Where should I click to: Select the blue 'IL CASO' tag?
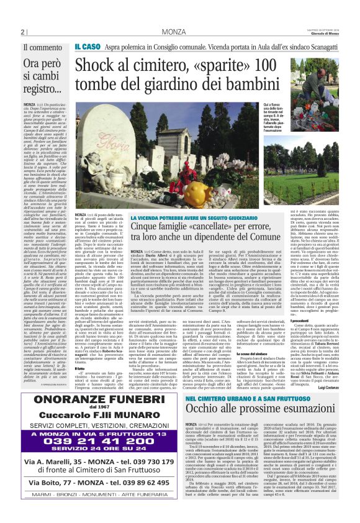pos(87,47)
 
